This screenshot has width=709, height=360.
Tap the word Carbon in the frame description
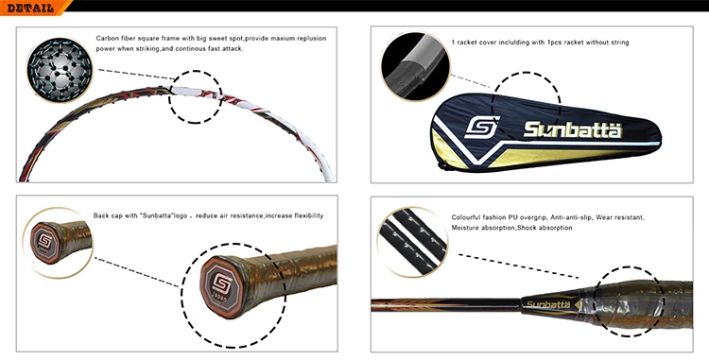pyautogui.click(x=109, y=39)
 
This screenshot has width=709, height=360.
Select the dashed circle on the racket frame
pyautogui.click(x=196, y=94)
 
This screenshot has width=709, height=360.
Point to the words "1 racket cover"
pyautogui.click(x=473, y=43)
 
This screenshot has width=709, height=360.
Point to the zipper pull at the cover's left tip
pyautogui.click(x=441, y=164)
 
